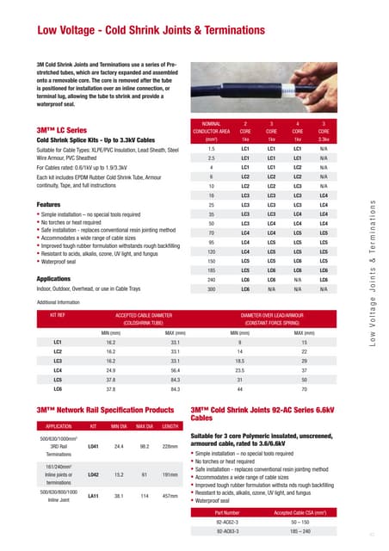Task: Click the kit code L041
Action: click(93, 448)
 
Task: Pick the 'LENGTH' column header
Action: click(170, 425)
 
